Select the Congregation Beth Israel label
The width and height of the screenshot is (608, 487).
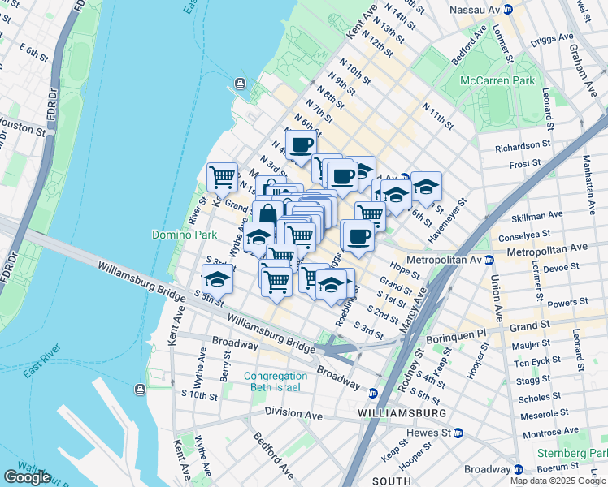pos(276,381)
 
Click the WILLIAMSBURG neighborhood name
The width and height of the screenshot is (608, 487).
pos(402,413)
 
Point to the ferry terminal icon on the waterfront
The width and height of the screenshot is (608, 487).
pos(241,83)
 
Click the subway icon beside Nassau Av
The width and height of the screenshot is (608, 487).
pos(508,9)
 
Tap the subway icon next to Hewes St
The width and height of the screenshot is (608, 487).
pos(458,434)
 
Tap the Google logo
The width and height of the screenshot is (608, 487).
pos(27,476)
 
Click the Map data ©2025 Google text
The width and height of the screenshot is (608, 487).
pos(558,481)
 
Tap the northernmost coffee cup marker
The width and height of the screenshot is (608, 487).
pos(301,144)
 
